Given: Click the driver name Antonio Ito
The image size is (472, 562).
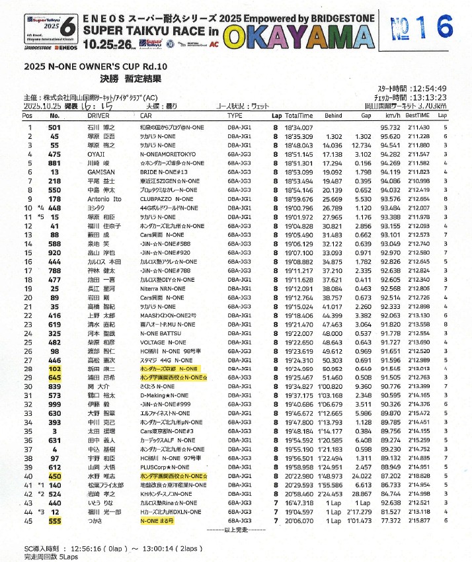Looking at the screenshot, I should click(x=104, y=198).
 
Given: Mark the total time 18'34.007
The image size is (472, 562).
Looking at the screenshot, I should click(x=298, y=126).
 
